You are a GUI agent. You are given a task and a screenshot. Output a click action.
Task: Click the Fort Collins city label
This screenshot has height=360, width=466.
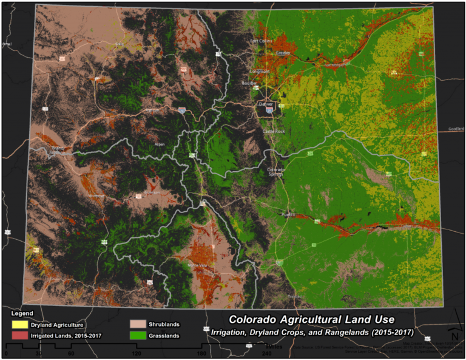262,41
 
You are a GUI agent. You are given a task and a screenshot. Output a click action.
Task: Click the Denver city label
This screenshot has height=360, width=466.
266,104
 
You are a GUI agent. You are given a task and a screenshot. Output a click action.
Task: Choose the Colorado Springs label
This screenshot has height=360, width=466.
276,171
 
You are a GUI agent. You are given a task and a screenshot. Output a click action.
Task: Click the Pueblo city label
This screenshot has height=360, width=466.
288,215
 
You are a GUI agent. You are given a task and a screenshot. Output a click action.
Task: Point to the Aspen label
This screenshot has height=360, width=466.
160,144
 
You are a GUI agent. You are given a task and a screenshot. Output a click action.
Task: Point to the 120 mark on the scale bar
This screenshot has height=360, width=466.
137,353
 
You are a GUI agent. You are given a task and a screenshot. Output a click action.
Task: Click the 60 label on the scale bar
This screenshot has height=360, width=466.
71,353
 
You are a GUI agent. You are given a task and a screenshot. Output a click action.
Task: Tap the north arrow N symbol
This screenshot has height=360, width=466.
454,335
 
